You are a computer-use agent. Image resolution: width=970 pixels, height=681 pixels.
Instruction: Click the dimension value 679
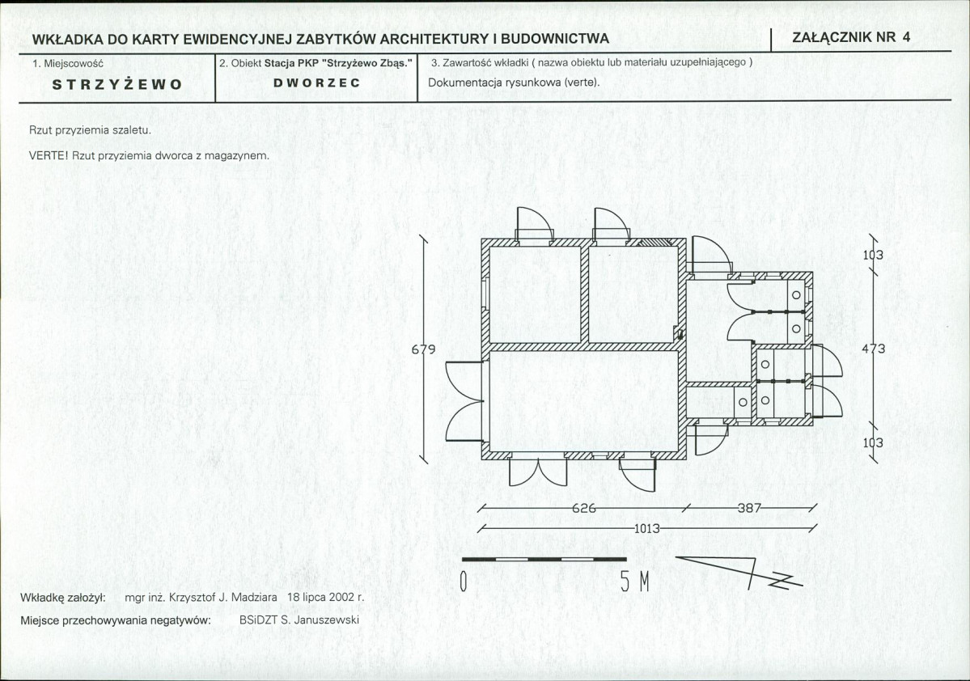(424, 349)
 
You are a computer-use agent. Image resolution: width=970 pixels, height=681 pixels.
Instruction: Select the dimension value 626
(583, 509)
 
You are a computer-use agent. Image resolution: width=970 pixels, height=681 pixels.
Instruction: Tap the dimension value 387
(749, 509)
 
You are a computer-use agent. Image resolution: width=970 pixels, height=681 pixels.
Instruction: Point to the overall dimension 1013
(647, 529)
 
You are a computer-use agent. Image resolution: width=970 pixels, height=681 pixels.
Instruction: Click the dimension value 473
(874, 349)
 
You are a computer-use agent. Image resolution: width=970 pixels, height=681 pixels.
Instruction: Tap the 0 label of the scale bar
(464, 582)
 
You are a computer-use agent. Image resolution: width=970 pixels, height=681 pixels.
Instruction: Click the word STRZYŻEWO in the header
(117, 85)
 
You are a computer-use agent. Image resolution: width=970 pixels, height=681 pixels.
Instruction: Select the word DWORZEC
(317, 82)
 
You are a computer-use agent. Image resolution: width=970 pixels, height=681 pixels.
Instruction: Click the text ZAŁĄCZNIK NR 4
(851, 36)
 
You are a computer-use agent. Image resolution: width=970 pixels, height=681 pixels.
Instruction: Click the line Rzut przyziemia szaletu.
(91, 130)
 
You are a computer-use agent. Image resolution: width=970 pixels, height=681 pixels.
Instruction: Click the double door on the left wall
(464, 401)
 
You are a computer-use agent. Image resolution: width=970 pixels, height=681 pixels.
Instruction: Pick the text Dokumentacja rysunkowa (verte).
(514, 82)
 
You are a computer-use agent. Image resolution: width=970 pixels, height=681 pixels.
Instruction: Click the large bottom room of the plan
(583, 401)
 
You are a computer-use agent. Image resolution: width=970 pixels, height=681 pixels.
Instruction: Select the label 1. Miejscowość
(68, 63)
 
